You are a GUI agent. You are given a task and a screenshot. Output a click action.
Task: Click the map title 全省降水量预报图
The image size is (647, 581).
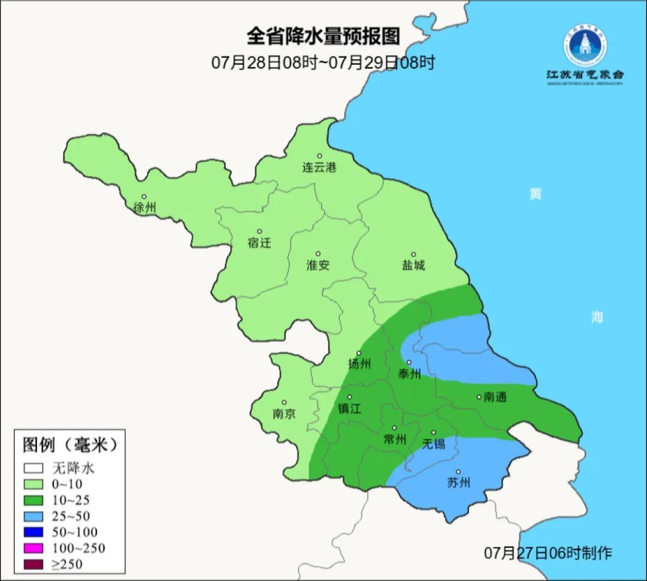click(323, 37)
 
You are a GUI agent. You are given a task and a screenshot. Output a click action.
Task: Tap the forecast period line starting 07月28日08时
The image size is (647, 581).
click(323, 62)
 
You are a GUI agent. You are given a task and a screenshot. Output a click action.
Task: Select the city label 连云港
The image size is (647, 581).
click(319, 168)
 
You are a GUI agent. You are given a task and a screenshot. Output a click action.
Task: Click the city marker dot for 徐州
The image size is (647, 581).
click(144, 197)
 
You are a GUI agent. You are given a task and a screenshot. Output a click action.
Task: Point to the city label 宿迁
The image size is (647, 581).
click(259, 243)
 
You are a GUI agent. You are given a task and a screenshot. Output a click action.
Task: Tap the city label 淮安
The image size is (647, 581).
click(318, 265)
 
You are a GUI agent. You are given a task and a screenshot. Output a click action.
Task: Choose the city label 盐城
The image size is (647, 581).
click(413, 265)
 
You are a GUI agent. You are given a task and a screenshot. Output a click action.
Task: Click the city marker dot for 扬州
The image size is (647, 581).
click(359, 353)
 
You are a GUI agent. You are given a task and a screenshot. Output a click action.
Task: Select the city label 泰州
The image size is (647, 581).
click(410, 374)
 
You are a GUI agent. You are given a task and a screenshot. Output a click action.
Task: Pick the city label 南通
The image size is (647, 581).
click(494, 397)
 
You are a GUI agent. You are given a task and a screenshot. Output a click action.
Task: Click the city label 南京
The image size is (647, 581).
click(284, 414)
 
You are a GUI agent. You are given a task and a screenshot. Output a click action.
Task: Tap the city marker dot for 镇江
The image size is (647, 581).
click(349, 397)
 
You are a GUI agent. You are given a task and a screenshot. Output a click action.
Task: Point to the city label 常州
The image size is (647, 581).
click(395, 439)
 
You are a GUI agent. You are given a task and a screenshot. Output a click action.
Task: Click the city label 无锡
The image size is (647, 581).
click(433, 444)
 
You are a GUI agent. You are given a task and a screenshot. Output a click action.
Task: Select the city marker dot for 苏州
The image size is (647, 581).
click(458, 472)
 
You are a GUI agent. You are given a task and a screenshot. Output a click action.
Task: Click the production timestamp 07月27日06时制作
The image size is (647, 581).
click(548, 553)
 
